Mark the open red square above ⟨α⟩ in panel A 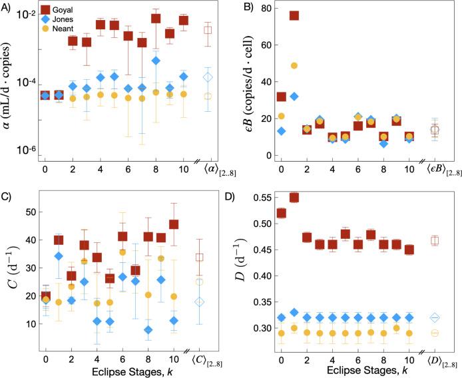pyautogui.click(x=208, y=30)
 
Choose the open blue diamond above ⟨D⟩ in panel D pyautogui.click(x=435, y=317)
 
